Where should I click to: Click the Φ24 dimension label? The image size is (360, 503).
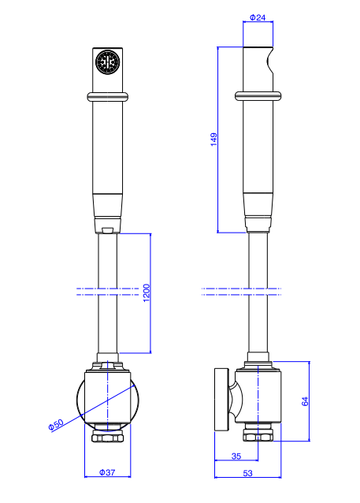258,17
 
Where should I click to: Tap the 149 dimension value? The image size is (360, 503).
213,140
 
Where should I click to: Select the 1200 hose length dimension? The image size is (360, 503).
147,292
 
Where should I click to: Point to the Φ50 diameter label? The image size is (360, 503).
56,425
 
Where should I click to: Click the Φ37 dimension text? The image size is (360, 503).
107,472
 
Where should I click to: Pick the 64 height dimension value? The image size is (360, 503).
305,401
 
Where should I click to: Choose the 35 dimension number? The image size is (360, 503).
236,456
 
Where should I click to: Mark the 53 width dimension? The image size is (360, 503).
247,473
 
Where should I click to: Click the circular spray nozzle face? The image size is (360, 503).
107,61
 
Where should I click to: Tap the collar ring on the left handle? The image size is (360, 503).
107,96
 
